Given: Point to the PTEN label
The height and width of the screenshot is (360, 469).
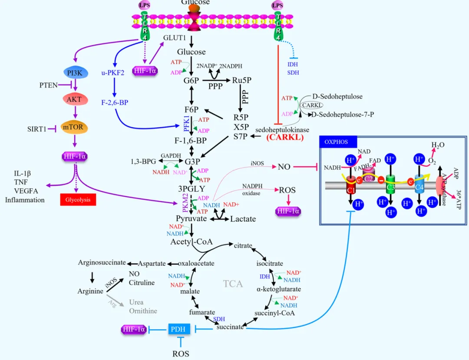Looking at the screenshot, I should [48, 85].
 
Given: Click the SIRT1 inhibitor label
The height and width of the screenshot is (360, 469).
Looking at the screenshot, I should [36, 129].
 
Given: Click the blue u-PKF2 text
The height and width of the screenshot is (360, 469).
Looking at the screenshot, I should [113, 73].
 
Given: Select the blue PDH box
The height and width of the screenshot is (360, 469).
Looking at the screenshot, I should [178, 329].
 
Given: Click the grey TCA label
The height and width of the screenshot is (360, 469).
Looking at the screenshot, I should [233, 284].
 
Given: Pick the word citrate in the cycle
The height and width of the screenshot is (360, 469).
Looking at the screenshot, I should [243, 246].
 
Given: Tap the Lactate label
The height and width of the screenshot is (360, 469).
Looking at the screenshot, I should [243, 219].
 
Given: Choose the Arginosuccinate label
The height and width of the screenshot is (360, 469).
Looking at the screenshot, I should [102, 262].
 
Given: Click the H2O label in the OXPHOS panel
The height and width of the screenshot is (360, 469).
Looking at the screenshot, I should [437, 145].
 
